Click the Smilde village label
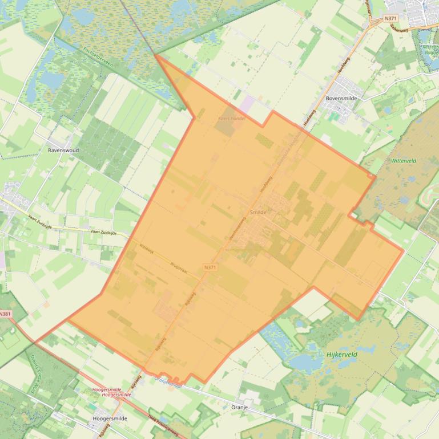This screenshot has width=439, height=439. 259,212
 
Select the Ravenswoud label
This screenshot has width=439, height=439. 64,151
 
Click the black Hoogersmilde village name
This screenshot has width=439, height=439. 110,418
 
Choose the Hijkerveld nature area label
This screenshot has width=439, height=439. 341,354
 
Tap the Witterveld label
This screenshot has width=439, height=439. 404,161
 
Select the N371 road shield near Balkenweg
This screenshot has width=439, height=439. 390,18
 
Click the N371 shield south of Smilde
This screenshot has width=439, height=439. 210,267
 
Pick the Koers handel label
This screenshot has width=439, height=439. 231,119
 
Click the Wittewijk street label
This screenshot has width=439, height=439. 147,249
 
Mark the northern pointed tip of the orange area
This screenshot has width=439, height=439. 155,55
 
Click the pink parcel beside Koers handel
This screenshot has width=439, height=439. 248,104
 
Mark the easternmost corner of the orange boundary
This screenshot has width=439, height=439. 404,249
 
